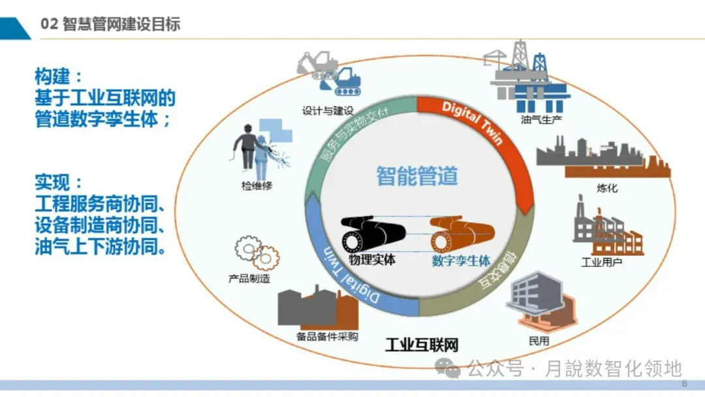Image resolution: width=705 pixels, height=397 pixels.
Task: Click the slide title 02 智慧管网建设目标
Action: (110, 25)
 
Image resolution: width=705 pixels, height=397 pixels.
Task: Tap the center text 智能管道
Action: (417, 176)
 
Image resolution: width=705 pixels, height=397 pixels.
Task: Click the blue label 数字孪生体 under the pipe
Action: (461, 261)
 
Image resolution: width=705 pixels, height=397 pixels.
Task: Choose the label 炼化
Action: (606, 189)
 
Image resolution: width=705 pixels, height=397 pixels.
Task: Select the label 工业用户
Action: (601, 262)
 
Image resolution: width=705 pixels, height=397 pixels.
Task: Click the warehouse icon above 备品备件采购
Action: (318, 306)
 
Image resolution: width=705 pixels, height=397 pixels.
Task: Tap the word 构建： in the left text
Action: (59, 76)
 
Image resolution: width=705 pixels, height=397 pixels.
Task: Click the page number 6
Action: (684, 384)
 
